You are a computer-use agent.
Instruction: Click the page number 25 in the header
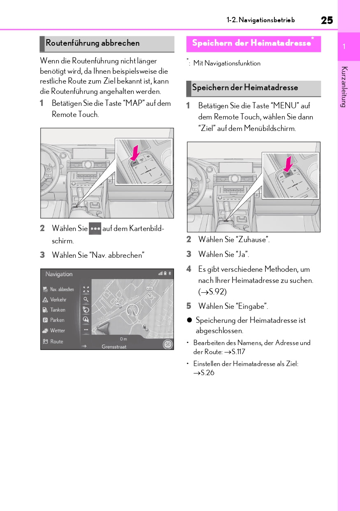click(327, 20)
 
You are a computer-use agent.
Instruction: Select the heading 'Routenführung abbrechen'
click(93, 43)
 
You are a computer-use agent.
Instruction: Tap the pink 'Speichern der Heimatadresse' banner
click(251, 43)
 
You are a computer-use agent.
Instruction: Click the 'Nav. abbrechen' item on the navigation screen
click(62, 289)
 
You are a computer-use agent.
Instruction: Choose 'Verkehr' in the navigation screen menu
click(58, 300)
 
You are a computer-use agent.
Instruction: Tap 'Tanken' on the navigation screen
click(58, 310)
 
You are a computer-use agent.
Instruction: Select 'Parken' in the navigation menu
click(57, 320)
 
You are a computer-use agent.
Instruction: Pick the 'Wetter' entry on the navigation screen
click(58, 331)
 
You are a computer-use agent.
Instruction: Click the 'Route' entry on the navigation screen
click(56, 341)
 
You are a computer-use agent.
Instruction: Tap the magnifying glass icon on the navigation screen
click(86, 300)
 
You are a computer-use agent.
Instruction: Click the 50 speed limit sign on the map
click(168, 344)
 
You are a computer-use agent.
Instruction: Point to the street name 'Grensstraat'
click(114, 347)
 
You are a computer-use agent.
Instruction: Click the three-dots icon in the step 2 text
click(95, 229)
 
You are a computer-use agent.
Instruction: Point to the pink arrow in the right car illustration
click(289, 163)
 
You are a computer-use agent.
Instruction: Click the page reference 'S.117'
click(238, 352)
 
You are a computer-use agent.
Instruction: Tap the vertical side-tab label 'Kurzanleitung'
click(344, 86)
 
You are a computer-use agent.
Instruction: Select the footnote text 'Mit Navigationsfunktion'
click(227, 63)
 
